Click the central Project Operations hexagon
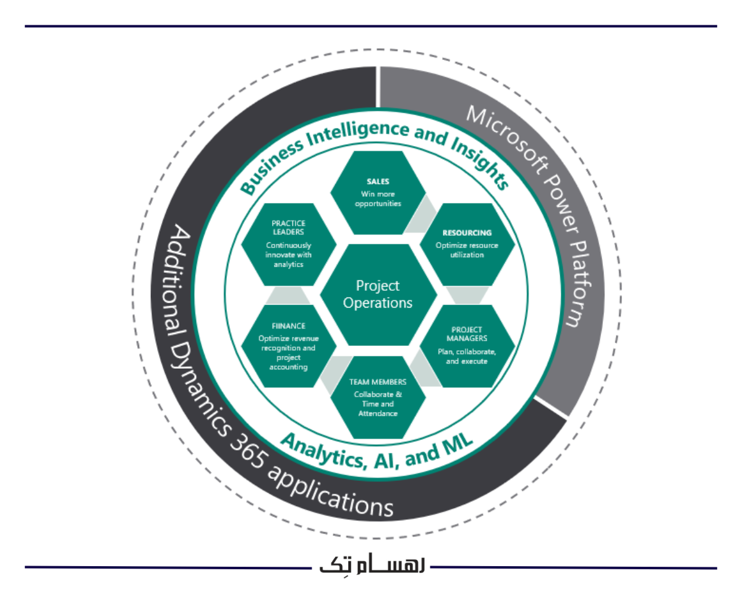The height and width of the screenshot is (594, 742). [x=378, y=295]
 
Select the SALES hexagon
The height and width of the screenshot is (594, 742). [x=378, y=192]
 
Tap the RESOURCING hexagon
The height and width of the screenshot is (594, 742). [x=467, y=244]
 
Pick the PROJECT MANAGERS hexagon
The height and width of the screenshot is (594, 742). [x=467, y=345]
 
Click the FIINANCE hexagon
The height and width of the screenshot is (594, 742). [x=288, y=346]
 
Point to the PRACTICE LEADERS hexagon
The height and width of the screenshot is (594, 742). [x=288, y=244]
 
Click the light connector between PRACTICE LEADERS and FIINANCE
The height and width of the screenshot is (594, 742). [x=288, y=295]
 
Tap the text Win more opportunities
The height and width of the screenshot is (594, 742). [x=378, y=199]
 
